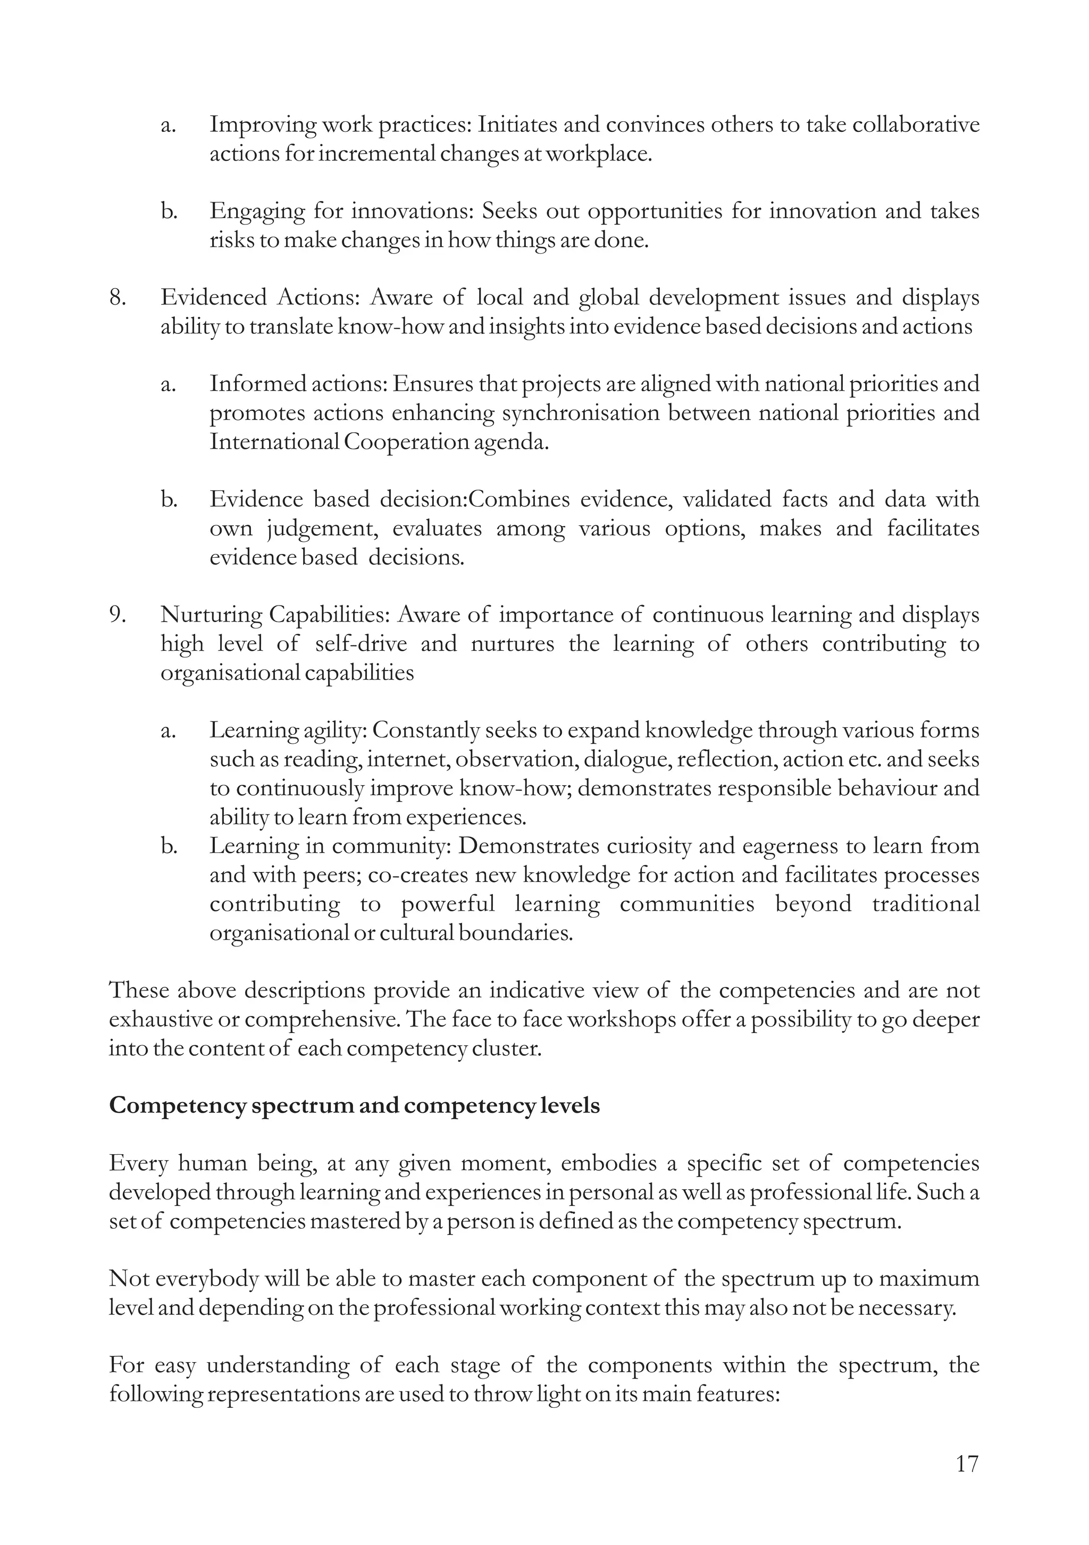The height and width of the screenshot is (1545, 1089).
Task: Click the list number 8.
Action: [118, 297]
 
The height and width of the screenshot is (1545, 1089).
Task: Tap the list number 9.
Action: [118, 615]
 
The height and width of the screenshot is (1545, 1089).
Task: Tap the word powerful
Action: [448, 904]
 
